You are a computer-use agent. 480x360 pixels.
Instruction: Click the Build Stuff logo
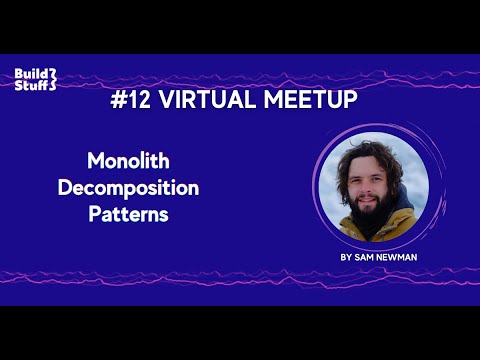[35, 78]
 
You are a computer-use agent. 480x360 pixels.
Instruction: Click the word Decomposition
[128, 187]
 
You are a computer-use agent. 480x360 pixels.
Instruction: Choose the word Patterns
[128, 213]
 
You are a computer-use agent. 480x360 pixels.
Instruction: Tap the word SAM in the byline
[365, 257]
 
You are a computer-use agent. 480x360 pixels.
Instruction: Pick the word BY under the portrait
[346, 257]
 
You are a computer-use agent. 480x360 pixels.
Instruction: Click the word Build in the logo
[32, 72]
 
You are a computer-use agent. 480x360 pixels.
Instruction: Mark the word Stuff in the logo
[33, 85]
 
